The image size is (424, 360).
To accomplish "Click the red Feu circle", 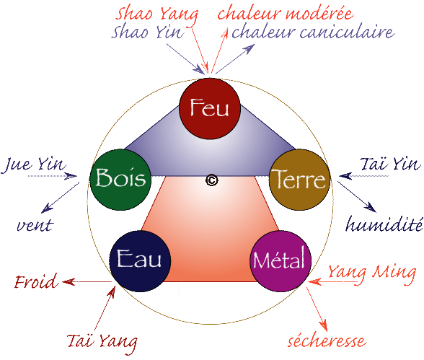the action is point(210,109).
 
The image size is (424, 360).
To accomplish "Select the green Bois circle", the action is point(120,180).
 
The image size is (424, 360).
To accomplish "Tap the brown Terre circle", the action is point(300,180).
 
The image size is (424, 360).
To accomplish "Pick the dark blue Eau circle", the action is point(140,261).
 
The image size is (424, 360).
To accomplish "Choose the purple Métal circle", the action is point(280,261).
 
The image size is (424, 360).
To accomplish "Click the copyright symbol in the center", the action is point(212,180).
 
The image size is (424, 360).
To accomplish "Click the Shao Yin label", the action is point(148,32).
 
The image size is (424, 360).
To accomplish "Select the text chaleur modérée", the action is point(286,13).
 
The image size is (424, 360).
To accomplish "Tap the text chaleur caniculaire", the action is point(314,32).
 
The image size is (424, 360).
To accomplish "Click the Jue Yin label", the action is point(33,164).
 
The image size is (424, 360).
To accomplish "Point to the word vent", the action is point(35,225).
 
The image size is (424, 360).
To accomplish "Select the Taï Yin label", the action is point(391,164).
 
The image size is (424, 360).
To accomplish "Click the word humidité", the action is point(384,224).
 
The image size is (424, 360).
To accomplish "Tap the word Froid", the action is point(36,281).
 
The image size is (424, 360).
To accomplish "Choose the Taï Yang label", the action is point(102,343).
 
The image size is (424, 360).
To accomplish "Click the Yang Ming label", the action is point(372,273).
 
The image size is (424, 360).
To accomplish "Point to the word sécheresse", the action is point(327,341).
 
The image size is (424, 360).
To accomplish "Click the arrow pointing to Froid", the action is point(87,282).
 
